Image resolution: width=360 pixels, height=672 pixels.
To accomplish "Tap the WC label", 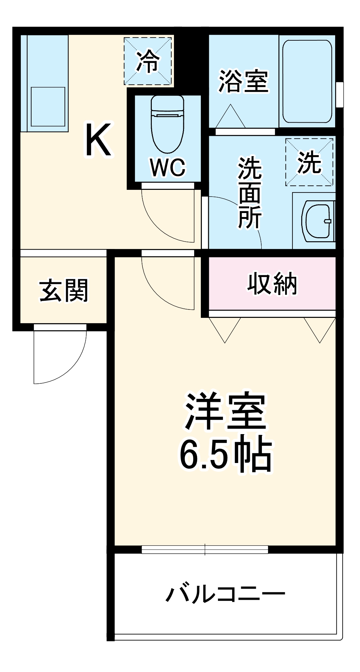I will [x=168, y=167].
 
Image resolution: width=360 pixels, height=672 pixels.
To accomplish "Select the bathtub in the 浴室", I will [x=307, y=81].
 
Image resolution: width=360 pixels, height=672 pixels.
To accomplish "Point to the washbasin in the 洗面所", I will [x=317, y=221].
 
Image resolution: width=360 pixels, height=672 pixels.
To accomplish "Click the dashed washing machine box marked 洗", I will [x=309, y=162].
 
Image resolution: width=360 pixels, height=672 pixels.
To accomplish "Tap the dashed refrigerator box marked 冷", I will [x=148, y=61].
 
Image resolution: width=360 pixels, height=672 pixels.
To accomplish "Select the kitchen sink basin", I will [x=48, y=107].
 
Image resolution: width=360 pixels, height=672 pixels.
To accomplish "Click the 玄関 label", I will [x=63, y=290].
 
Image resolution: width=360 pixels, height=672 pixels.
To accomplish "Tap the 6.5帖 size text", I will [x=225, y=455].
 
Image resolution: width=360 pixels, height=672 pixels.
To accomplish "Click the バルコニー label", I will [x=225, y=594].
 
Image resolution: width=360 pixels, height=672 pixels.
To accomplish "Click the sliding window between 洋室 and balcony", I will [x=205, y=549].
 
